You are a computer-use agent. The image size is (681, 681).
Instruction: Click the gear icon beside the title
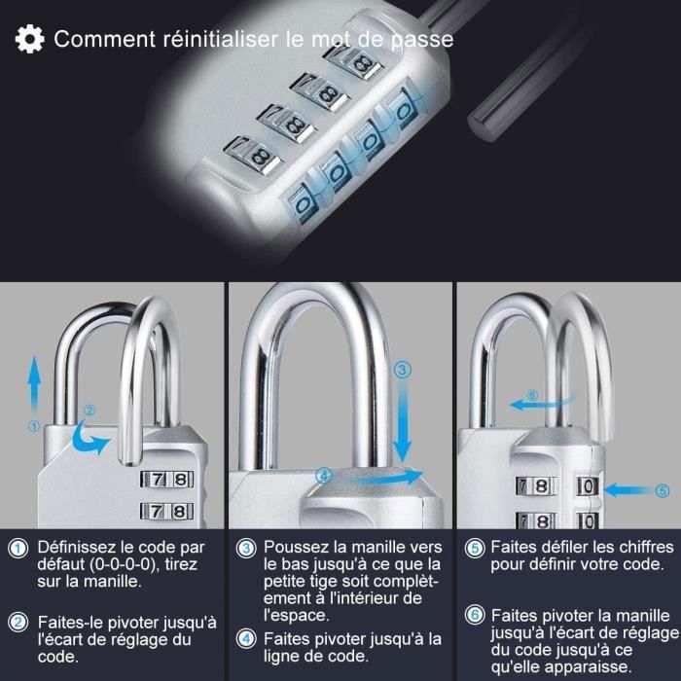[29, 39]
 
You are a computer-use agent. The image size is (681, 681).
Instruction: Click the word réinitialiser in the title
[220, 39]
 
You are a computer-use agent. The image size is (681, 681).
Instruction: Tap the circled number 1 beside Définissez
[18, 548]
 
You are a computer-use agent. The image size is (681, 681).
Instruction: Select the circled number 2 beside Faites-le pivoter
[18, 623]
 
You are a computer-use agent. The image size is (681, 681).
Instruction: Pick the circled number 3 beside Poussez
[246, 548]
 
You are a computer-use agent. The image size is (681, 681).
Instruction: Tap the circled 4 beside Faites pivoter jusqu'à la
[246, 639]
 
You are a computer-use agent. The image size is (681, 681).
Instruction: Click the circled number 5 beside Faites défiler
[475, 548]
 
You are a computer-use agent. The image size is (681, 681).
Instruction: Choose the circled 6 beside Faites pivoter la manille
[475, 616]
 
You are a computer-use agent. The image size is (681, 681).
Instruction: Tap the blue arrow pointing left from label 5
[628, 490]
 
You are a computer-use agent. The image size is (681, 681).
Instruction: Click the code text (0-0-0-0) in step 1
[122, 564]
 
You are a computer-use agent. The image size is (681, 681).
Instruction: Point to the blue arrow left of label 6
[541, 404]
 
